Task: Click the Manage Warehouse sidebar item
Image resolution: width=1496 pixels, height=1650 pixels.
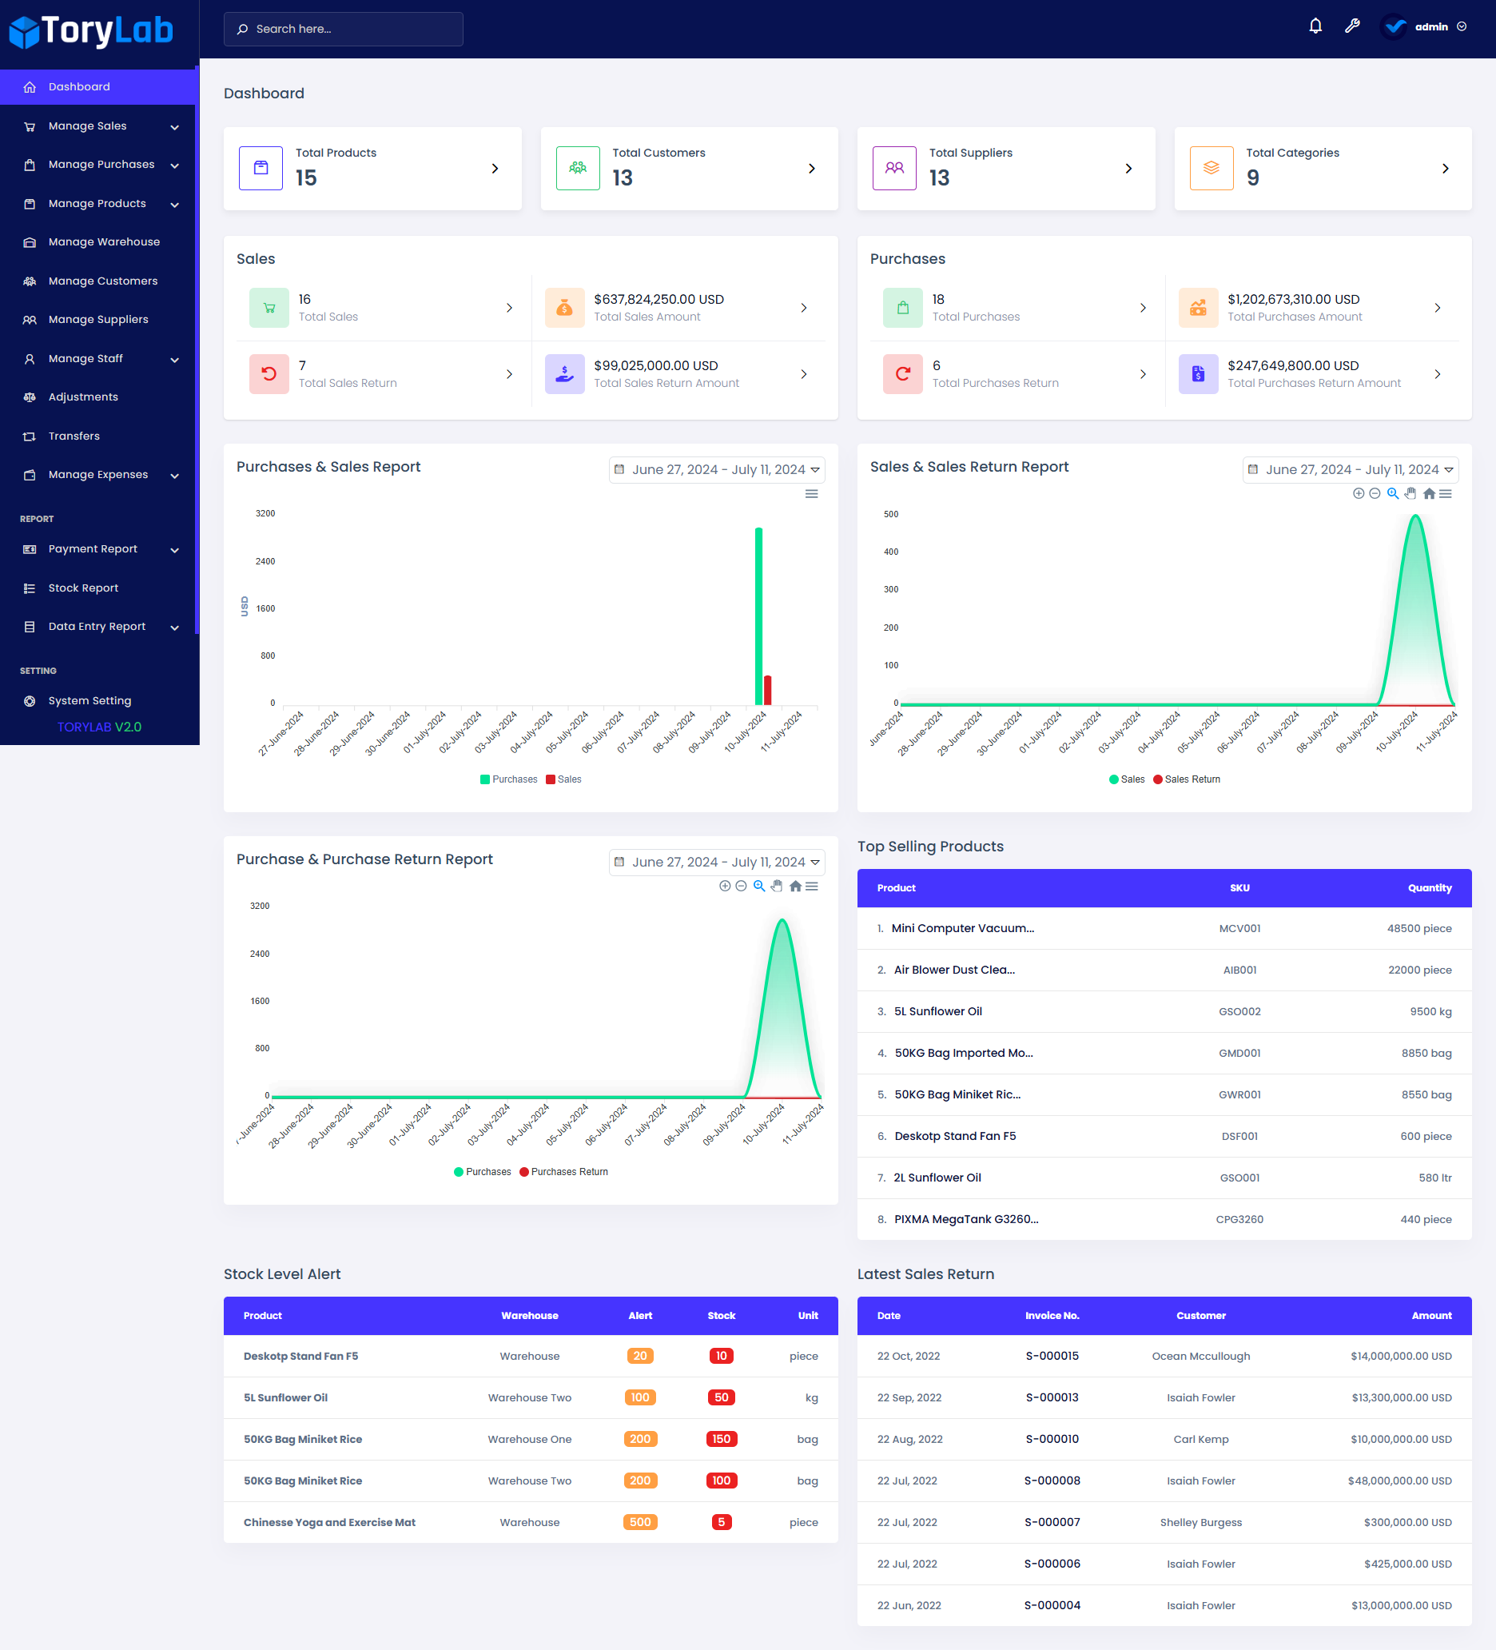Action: pyautogui.click(x=103, y=242)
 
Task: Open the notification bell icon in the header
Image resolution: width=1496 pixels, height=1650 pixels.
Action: pyautogui.click(x=1315, y=26)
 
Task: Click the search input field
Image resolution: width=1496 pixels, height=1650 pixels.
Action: pyautogui.click(x=343, y=30)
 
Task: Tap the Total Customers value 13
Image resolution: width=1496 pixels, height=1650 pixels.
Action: pyautogui.click(x=622, y=177)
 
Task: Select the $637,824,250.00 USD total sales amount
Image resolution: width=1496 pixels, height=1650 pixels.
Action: pyautogui.click(x=658, y=300)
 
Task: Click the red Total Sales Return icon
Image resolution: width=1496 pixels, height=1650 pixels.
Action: pyautogui.click(x=269, y=374)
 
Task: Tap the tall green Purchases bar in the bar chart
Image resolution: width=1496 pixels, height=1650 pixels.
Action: pyautogui.click(x=758, y=614)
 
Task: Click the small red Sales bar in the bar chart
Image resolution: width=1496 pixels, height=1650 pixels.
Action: pyautogui.click(x=768, y=689)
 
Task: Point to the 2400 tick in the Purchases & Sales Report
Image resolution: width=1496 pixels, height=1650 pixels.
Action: pyautogui.click(x=265, y=561)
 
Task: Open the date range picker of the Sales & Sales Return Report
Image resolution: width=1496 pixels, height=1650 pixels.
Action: pyautogui.click(x=1350, y=470)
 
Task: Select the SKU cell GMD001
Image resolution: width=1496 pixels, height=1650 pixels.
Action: pyautogui.click(x=1239, y=1054)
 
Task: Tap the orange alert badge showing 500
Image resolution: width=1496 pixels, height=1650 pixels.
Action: pyautogui.click(x=640, y=1522)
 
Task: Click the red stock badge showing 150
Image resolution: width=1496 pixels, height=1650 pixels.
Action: pyautogui.click(x=721, y=1439)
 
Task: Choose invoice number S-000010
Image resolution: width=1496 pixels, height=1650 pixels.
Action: pyautogui.click(x=1052, y=1439)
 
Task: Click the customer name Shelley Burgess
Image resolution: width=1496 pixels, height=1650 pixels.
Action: pyautogui.click(x=1200, y=1522)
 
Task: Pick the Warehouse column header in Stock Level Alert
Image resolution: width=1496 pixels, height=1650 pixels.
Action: pyautogui.click(x=530, y=1315)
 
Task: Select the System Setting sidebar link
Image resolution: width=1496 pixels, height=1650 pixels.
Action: pyautogui.click(x=90, y=700)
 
